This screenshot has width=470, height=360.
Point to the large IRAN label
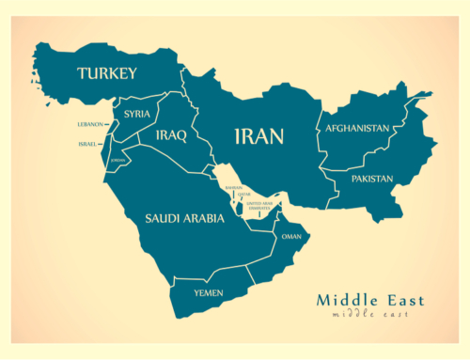pos(258,137)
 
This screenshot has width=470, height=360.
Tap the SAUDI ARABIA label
pos(184,218)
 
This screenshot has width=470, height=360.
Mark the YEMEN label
pos(209,292)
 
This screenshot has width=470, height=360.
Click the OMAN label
pos(291,237)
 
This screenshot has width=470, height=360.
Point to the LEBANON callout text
pos(90,124)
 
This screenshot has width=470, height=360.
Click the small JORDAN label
pos(117,161)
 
